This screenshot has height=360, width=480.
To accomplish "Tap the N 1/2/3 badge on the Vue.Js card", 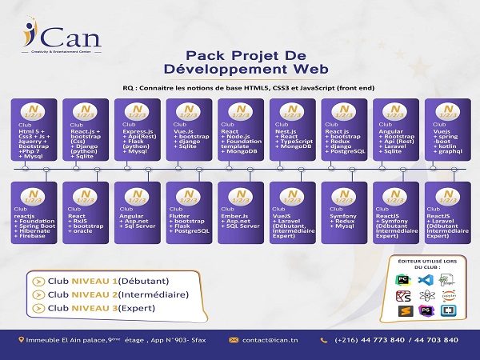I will pyautogui.click(x=190, y=110).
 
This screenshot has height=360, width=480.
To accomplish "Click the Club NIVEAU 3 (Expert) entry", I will pyautogui.click(x=80, y=307).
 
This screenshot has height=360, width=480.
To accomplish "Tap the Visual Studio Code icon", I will pyautogui.click(x=425, y=279).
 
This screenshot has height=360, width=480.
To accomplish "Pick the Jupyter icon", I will pyautogui.click(x=447, y=295).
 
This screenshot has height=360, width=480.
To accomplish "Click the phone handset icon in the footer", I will pyautogui.click(x=325, y=340).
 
